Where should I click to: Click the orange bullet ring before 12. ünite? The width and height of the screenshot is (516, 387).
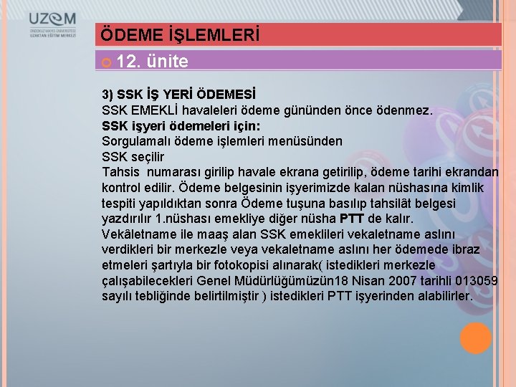pos(107,62)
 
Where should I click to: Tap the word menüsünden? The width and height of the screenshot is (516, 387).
pos(312,141)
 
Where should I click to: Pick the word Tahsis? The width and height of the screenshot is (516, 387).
pos(121,172)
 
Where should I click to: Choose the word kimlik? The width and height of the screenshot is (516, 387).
pos(467,188)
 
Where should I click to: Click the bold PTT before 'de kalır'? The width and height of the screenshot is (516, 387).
pos(352,219)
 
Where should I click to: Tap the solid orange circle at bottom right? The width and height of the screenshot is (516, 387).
pos(475,338)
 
